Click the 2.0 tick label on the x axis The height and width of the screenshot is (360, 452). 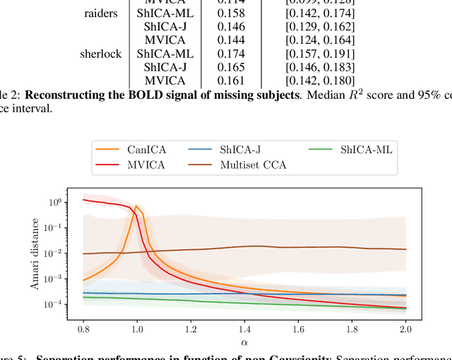point(406,328)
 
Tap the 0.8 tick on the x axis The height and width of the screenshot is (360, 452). point(83,328)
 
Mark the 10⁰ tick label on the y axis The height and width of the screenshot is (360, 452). point(54,202)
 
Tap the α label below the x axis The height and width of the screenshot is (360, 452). point(244,342)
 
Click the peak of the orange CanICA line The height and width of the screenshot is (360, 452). point(136,206)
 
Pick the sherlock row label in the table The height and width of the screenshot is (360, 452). point(101,54)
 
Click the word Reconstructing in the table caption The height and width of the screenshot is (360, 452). point(71,95)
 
